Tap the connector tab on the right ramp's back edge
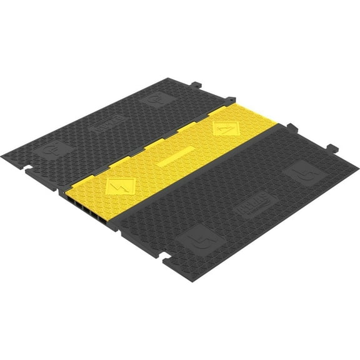332,149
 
